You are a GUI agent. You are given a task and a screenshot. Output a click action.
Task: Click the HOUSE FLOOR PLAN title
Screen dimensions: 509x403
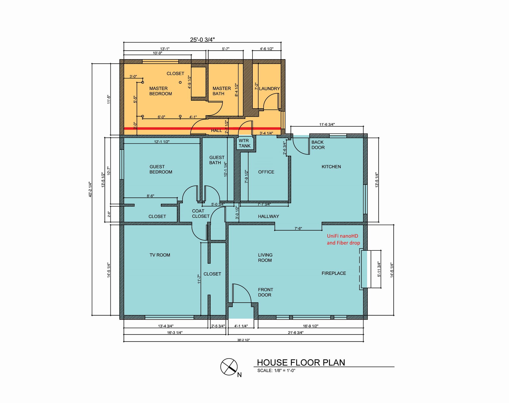[301, 362]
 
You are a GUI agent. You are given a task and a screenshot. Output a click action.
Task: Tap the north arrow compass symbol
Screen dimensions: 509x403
[229, 367]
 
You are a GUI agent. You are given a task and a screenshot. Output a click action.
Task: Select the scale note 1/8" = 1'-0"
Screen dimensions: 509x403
[276, 370]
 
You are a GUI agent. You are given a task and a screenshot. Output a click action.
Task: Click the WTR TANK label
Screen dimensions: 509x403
[244, 143]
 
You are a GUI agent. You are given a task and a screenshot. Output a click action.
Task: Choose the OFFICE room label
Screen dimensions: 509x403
[266, 172]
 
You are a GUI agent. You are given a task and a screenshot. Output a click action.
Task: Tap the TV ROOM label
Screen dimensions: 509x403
[160, 255]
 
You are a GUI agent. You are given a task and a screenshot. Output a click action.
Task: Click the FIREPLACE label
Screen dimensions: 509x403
[334, 273]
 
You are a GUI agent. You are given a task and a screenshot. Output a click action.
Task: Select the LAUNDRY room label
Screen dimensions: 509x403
[269, 88]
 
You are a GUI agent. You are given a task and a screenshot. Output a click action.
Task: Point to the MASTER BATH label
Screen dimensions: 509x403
[222, 91]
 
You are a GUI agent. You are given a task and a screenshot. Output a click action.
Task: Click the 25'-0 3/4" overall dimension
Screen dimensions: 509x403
[202, 40]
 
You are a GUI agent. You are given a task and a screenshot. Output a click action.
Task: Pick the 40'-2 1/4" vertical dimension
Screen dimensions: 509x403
[90, 189]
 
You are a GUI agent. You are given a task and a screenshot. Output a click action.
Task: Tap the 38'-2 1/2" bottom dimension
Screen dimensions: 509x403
[244, 340]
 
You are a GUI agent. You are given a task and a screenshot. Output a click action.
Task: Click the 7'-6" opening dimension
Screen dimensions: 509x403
[298, 228]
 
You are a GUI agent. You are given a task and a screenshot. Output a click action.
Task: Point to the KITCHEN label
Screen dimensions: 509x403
[331, 167]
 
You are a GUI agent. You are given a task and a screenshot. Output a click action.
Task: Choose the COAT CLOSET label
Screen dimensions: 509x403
[201, 214]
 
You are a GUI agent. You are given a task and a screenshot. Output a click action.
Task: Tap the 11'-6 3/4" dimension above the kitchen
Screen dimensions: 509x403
[327, 124]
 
